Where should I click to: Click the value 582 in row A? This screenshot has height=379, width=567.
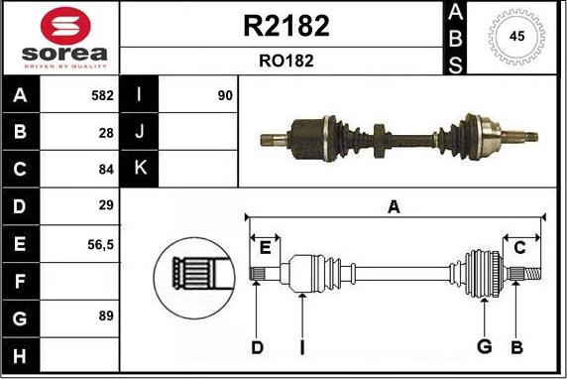pos(102,97)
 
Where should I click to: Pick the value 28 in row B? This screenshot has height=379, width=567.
pos(107,131)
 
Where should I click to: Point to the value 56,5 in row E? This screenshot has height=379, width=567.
pos(101,242)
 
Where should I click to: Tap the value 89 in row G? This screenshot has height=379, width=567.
pos(107,316)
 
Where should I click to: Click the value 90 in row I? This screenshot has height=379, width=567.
pos(224,97)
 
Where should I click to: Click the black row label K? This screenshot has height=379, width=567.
pos(140,168)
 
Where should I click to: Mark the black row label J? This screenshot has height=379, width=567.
pos(140,131)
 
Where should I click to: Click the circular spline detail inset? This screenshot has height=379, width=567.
pos(194,272)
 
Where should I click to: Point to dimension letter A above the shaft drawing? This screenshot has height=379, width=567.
pos(394,206)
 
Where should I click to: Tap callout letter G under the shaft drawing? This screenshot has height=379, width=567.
pos(484,346)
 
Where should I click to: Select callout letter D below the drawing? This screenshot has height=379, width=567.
pos(257,346)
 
